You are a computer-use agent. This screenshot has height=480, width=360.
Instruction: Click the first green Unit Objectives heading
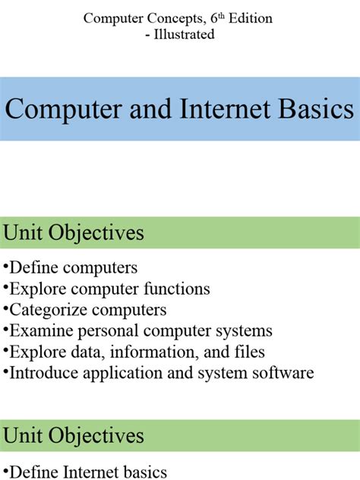click(x=74, y=232)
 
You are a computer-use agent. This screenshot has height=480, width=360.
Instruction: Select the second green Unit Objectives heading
click(x=74, y=435)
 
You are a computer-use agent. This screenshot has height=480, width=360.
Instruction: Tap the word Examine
click(x=39, y=331)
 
